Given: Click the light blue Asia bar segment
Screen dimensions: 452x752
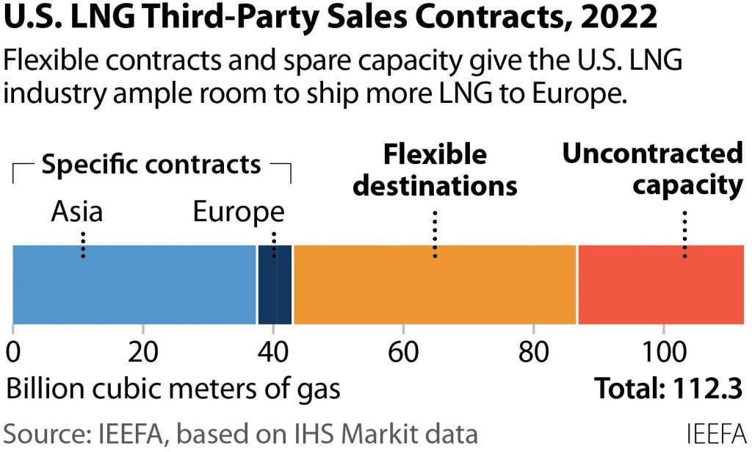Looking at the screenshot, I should pyautogui.click(x=134, y=284).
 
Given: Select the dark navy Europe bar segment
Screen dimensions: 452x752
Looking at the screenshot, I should pyautogui.click(x=275, y=284).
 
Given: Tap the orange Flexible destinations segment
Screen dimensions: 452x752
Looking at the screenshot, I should pyautogui.click(x=435, y=284).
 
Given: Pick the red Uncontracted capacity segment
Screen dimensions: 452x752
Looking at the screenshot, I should pyautogui.click(x=661, y=284).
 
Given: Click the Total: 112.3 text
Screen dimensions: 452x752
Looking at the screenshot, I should pyautogui.click(x=668, y=388).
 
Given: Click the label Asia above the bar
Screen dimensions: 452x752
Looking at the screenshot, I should pyautogui.click(x=77, y=212).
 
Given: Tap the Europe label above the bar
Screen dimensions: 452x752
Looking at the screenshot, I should pyautogui.click(x=239, y=212).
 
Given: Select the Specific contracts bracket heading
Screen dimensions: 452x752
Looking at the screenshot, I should pyautogui.click(x=151, y=164).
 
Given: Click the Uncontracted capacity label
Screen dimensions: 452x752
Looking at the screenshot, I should pyautogui.click(x=652, y=169).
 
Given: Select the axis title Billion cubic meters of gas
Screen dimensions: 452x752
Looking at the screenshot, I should pyautogui.click(x=173, y=388).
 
